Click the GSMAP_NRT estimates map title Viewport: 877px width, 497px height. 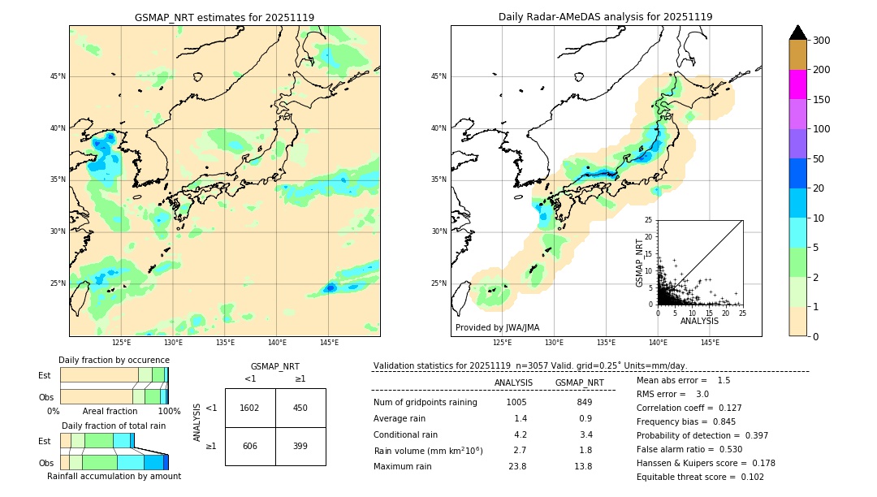pyautogui.click(x=224, y=17)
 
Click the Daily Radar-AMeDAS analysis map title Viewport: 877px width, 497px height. pyautogui.click(x=605, y=17)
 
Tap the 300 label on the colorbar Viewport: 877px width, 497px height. pyautogui.click(x=821, y=41)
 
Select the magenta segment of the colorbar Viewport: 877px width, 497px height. pyautogui.click(x=798, y=84)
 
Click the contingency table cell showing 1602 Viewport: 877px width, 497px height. pyautogui.click(x=250, y=408)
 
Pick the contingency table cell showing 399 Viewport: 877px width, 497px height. pyautogui.click(x=300, y=446)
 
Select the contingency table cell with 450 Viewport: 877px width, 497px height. pyautogui.click(x=300, y=408)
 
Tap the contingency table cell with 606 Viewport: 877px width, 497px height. pyautogui.click(x=250, y=446)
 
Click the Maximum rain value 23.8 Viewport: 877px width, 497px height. pyautogui.click(x=517, y=466)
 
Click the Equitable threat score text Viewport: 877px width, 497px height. pyautogui.click(x=688, y=477)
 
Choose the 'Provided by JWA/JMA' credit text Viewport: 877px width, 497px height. pyautogui.click(x=497, y=328)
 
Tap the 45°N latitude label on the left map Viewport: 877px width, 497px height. pyautogui.click(x=58, y=76)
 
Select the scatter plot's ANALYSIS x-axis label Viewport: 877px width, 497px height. pyautogui.click(x=699, y=321)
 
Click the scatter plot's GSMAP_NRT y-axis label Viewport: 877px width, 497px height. pyautogui.click(x=640, y=262)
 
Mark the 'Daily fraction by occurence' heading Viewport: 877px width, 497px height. pyautogui.click(x=114, y=360)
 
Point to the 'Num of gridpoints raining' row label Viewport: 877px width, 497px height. pyautogui.click(x=426, y=403)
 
